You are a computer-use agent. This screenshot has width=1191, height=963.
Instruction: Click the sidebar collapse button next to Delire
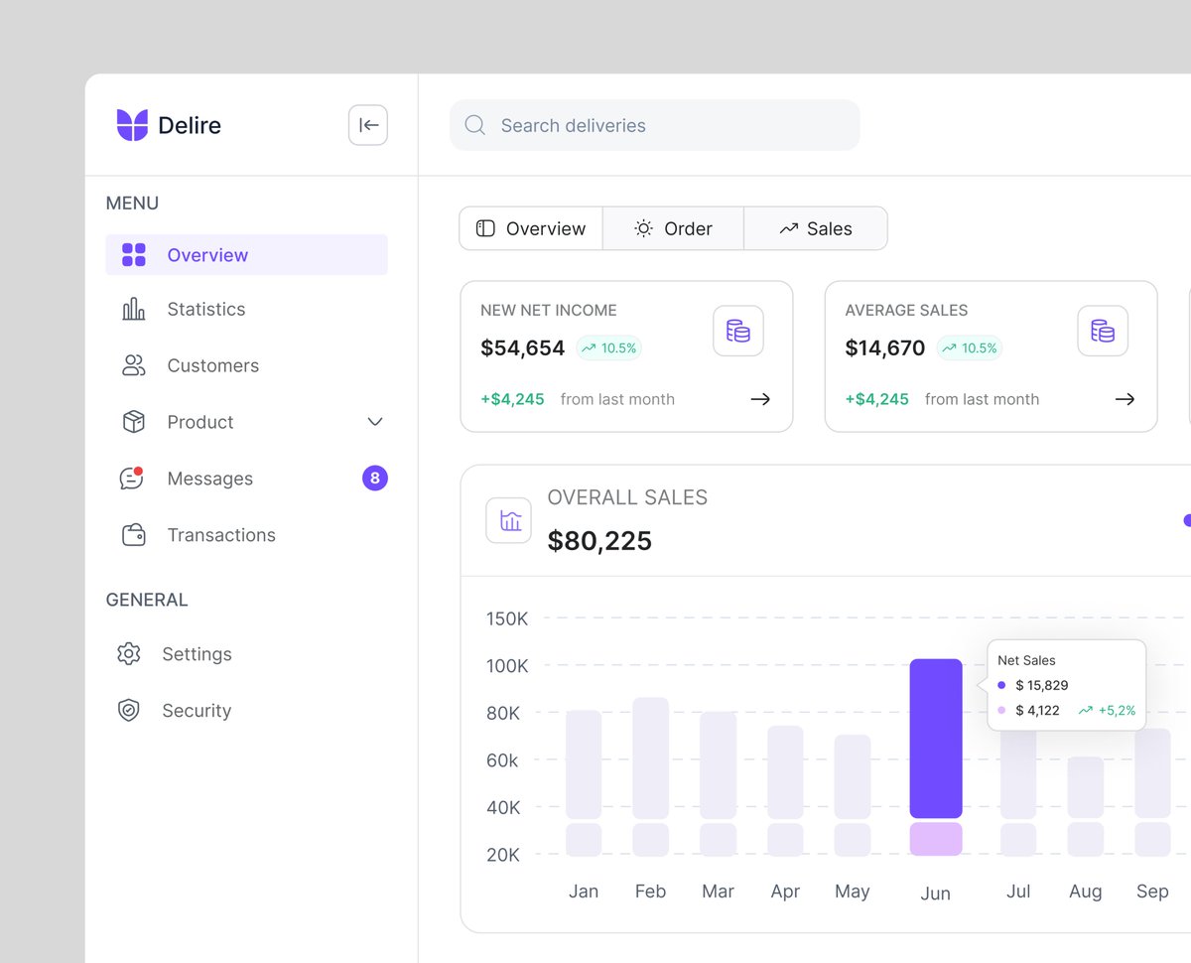pyautogui.click(x=368, y=125)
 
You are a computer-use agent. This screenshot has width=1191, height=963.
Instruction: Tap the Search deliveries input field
pyautogui.click(x=655, y=125)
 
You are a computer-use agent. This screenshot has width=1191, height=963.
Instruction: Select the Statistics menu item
pyautogui.click(x=205, y=310)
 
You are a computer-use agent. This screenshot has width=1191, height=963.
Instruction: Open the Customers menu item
pyautogui.click(x=212, y=366)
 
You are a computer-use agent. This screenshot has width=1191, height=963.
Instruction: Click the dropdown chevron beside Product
pyautogui.click(x=375, y=422)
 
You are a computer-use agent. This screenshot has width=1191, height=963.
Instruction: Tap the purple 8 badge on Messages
pyautogui.click(x=375, y=479)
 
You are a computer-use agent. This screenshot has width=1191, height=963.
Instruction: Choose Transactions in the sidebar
pyautogui.click(x=220, y=535)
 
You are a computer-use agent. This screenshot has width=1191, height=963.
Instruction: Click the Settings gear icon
pyautogui.click(x=129, y=654)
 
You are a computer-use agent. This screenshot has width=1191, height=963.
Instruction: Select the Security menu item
pyautogui.click(x=196, y=711)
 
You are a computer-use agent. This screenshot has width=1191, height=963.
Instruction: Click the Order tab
pyautogui.click(x=674, y=229)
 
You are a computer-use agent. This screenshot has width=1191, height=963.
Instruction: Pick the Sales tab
pyautogui.click(x=816, y=229)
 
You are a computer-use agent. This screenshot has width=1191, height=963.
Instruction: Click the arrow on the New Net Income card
pyautogui.click(x=760, y=399)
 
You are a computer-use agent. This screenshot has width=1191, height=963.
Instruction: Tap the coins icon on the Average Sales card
pyautogui.click(x=1103, y=331)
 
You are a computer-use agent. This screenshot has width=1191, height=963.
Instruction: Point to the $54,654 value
pyautogui.click(x=522, y=348)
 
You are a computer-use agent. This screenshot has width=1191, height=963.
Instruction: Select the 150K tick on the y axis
pyautogui.click(x=507, y=619)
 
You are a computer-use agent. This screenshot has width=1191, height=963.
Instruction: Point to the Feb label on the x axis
pyautogui.click(x=650, y=892)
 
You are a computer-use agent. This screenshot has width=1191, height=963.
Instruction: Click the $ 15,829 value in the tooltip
pyautogui.click(x=1041, y=685)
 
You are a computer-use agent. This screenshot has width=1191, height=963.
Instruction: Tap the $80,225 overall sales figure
pyautogui.click(x=599, y=541)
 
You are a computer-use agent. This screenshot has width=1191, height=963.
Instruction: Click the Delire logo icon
pyautogui.click(x=132, y=125)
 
